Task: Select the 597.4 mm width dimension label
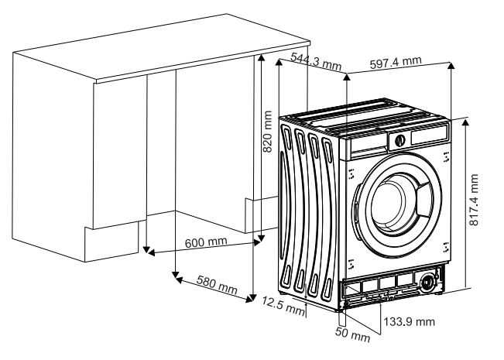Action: point(396,61)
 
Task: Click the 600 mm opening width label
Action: point(206,242)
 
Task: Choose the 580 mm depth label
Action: point(217,287)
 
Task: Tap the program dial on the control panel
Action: point(399,141)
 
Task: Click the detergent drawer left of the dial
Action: point(369,143)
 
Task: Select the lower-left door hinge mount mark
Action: point(351,263)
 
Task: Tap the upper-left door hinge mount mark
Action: point(351,172)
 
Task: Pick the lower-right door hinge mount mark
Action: point(447,248)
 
